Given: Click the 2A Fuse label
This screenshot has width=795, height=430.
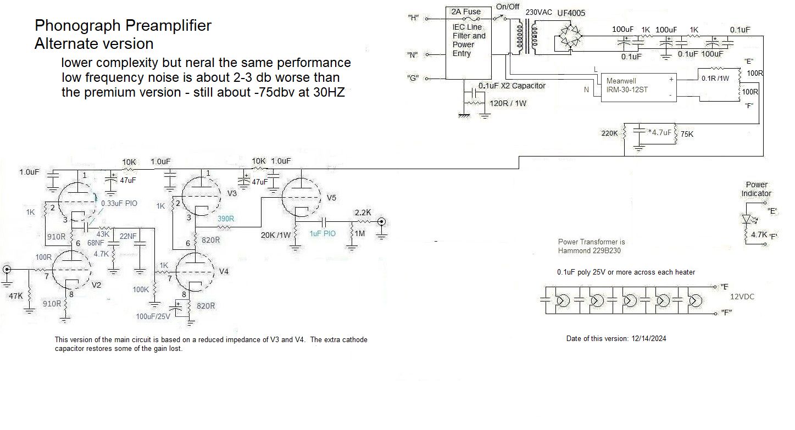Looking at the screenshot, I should tap(465, 12).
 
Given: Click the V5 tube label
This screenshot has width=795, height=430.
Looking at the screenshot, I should tap(331, 197).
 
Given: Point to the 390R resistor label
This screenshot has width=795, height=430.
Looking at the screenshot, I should tap(225, 219).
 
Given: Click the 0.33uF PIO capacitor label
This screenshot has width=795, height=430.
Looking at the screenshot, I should tap(119, 203).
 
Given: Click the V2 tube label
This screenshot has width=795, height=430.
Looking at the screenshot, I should tap(96, 285).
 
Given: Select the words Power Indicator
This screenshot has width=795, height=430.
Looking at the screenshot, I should tap(757, 189).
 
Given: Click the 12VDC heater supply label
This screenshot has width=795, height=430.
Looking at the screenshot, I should tap(742, 297).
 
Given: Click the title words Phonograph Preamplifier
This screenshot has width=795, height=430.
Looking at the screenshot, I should tap(123, 25).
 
